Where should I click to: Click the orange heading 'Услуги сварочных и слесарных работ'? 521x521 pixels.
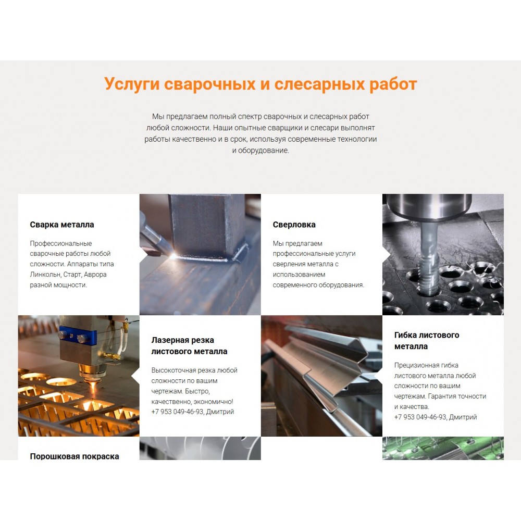[x=260, y=84]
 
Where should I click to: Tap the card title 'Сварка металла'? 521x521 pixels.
[x=62, y=225]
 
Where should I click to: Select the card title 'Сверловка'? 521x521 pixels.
[x=294, y=225]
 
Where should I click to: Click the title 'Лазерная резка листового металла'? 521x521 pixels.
[x=190, y=345]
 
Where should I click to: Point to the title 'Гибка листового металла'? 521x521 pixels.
[x=427, y=341]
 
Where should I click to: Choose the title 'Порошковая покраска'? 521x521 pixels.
[x=75, y=456]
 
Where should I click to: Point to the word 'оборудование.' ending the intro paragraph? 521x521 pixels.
[x=264, y=151]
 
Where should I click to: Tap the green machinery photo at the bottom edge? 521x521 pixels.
[x=443, y=448]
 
